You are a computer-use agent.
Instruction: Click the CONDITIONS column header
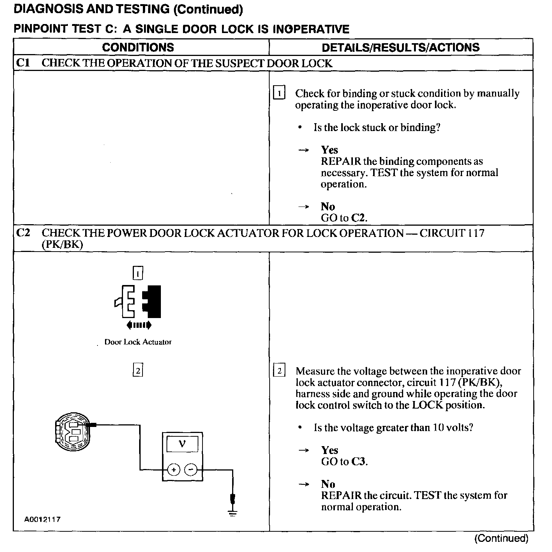pyautogui.click(x=138, y=47)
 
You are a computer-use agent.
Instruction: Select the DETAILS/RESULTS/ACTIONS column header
pyautogui.click(x=400, y=47)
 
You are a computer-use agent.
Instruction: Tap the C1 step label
pyautogui.click(x=23, y=63)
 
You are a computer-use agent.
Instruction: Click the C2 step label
pyautogui.click(x=23, y=233)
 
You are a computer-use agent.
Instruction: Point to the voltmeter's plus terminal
pyautogui.click(x=174, y=469)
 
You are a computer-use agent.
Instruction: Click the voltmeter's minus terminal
pyautogui.click(x=191, y=469)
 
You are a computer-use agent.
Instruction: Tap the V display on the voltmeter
pyautogui.click(x=183, y=444)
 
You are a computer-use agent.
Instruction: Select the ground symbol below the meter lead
pyautogui.click(x=233, y=513)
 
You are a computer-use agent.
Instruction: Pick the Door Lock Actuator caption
pyautogui.click(x=138, y=342)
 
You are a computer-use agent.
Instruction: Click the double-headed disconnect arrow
pyautogui.click(x=139, y=325)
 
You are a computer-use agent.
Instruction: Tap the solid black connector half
pyautogui.click(x=152, y=301)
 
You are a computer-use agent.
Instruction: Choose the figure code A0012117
pyautogui.click(x=43, y=520)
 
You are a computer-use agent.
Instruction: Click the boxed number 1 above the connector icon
pyautogui.click(x=138, y=273)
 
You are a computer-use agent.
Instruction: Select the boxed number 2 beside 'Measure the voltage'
pyautogui.click(x=279, y=371)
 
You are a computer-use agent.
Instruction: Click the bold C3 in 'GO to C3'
pyautogui.click(x=358, y=462)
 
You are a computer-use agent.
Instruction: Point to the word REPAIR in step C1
pyautogui.click(x=341, y=161)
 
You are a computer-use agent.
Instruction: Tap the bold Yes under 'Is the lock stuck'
pyautogui.click(x=329, y=150)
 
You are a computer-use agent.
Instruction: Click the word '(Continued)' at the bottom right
pyautogui.click(x=501, y=538)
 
